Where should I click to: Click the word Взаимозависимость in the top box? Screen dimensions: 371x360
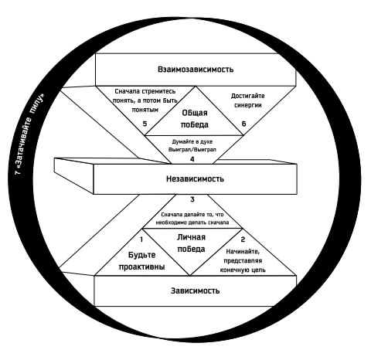196,70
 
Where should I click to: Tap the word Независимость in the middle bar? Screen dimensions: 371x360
195,178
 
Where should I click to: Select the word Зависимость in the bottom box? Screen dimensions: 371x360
195,290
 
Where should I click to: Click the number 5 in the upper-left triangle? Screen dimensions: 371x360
145,124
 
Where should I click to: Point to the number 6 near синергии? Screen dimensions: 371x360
243,124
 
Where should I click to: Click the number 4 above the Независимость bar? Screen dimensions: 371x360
192,159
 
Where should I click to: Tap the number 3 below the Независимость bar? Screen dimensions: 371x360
192,199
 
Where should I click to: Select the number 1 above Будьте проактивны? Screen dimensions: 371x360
141,239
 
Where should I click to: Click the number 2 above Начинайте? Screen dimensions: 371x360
243,239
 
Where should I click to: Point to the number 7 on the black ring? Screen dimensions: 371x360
18,172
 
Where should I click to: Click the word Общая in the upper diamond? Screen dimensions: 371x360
195,113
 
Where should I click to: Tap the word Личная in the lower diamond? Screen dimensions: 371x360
191,237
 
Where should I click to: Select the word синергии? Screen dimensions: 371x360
248,105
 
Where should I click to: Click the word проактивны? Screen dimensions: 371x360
141,267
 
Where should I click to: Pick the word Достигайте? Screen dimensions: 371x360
247,96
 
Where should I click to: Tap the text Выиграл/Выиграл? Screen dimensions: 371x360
192,150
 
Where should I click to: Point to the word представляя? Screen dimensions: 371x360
243,261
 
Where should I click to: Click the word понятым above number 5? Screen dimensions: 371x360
145,110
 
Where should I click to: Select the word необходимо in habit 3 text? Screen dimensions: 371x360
168,222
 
